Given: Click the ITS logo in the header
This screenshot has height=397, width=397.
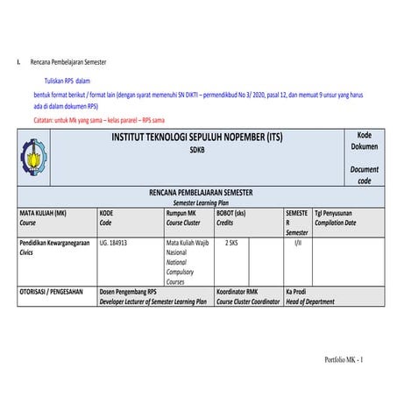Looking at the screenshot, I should (35, 156).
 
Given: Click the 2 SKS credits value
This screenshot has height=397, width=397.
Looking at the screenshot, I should (231, 241).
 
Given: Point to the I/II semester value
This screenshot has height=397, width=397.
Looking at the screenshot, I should (298, 241).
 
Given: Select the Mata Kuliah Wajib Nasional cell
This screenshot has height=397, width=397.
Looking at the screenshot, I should (188, 245).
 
